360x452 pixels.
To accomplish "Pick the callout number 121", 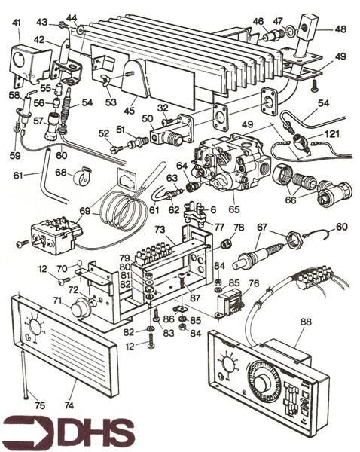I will pos(332,133).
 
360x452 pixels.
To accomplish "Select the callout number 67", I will pos(261,228).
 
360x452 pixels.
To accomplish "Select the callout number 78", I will pos(239,228).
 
